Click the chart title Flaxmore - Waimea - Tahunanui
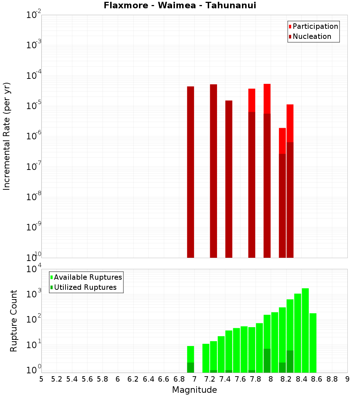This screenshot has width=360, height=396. pyautogui.click(x=180, y=6)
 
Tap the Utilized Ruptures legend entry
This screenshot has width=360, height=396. pyautogui.click(x=85, y=287)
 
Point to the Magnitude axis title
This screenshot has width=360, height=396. pyautogui.click(x=194, y=390)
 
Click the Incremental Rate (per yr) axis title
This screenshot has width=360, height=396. pyautogui.click(x=7, y=136)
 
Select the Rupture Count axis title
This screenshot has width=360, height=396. pyautogui.click(x=14, y=320)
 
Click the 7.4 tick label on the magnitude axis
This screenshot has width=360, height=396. pyautogui.click(x=225, y=379)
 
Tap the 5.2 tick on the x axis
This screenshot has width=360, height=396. pyautogui.click(x=57, y=379)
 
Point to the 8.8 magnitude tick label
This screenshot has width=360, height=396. pyautogui.click(x=332, y=379)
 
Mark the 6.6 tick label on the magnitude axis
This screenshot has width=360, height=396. pyautogui.click(x=164, y=379)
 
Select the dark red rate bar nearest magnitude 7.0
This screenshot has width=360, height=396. pyautogui.click(x=190, y=173)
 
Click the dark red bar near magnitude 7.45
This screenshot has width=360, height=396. pyautogui.click(x=229, y=180)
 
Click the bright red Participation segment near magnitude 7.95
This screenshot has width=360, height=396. pyautogui.click(x=267, y=99)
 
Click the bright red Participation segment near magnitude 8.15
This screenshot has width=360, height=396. pyautogui.click(x=282, y=141)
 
